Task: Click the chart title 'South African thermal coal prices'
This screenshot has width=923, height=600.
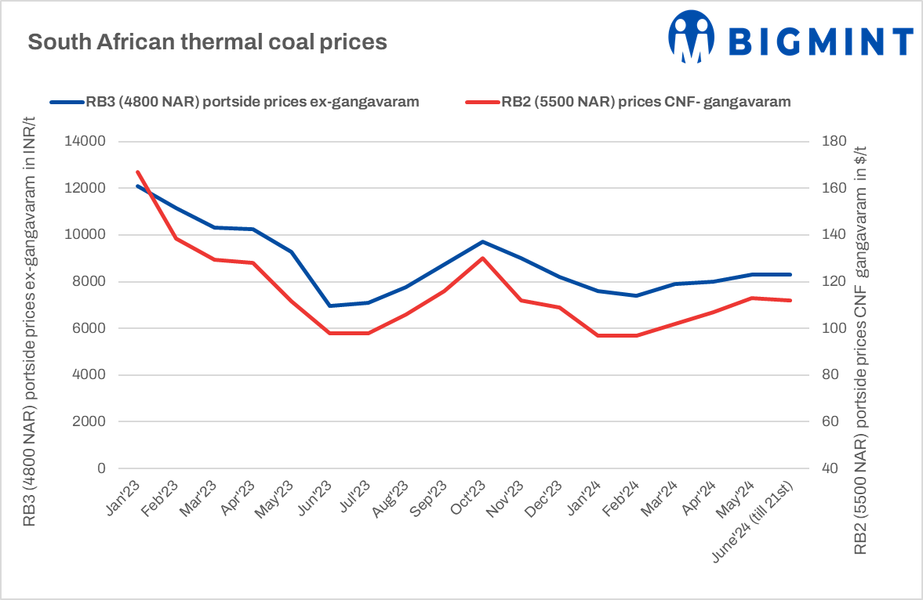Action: (x=207, y=42)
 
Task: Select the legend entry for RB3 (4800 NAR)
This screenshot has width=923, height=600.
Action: (x=234, y=102)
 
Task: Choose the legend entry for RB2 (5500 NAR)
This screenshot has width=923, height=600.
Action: (x=627, y=102)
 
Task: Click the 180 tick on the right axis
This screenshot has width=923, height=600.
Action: (x=834, y=142)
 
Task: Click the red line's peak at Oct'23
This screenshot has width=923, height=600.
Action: (x=482, y=258)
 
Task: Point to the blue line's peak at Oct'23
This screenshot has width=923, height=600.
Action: (x=482, y=241)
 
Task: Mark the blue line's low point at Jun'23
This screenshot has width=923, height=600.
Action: (x=329, y=305)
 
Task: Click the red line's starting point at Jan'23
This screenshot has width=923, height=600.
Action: (x=137, y=172)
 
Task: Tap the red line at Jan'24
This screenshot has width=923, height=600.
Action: (x=598, y=335)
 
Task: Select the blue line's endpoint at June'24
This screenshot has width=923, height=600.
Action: (x=790, y=274)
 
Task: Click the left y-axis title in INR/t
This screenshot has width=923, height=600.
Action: (x=30, y=320)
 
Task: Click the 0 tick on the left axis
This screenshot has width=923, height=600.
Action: (x=100, y=468)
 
